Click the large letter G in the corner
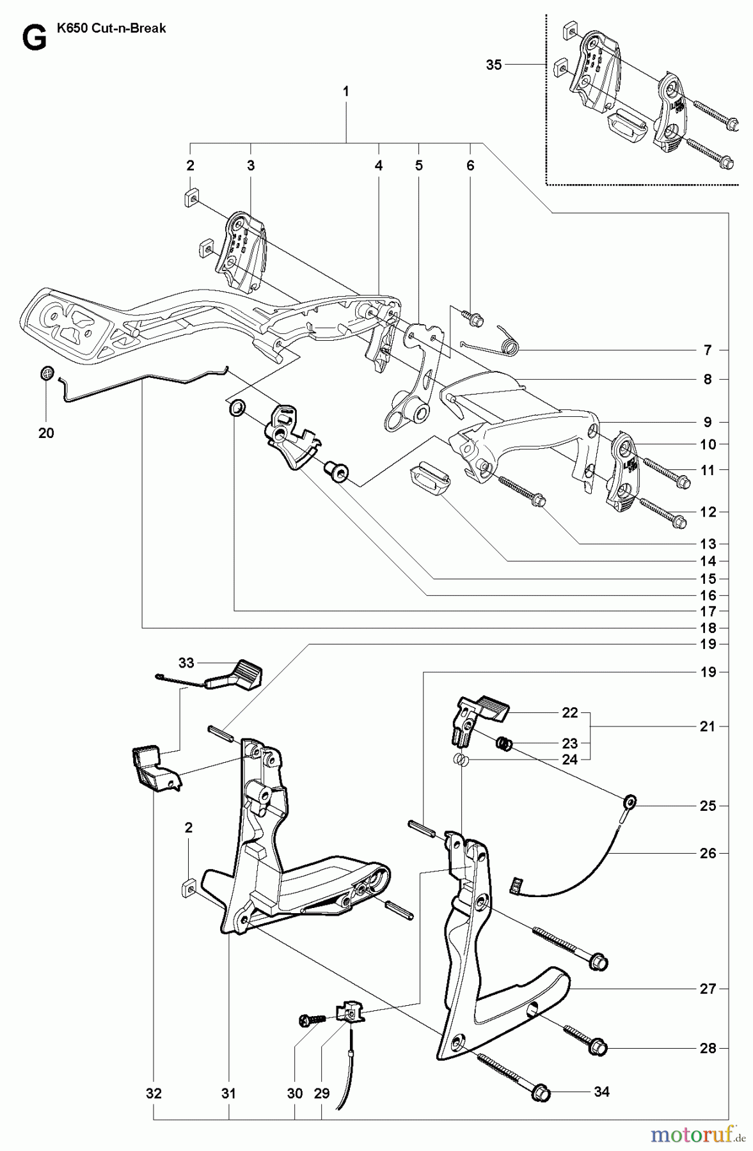pos(33,38)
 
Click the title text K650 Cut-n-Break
pos(111,29)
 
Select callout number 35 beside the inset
pos(494,65)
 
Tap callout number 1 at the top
pos(345,91)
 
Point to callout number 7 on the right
pos(707,350)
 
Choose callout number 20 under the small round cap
pos(46,433)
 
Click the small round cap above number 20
pos(46,373)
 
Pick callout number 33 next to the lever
pos(186,663)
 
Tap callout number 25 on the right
pos(707,806)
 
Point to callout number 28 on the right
pos(707,1048)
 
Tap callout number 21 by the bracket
pos(707,726)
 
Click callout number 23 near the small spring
pos(569,744)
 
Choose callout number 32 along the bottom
pos(154,1093)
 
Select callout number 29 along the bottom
pos(321,1093)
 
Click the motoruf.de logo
pos(697,1134)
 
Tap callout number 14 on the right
pos(707,561)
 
